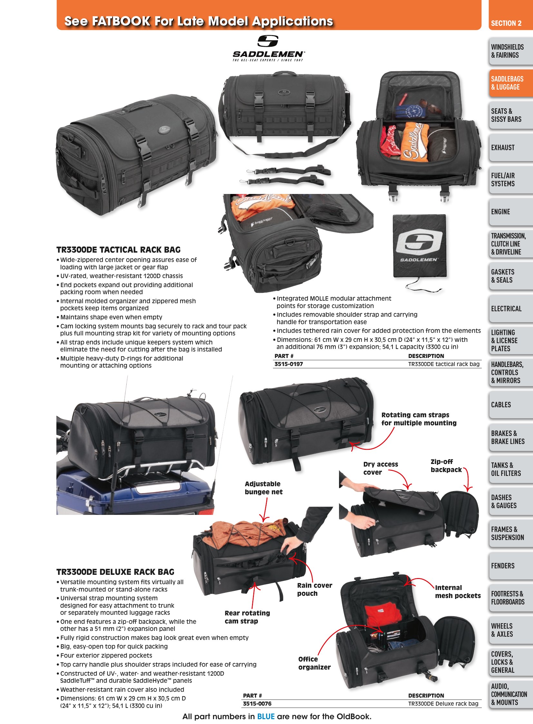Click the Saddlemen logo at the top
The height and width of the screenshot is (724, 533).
point(268,48)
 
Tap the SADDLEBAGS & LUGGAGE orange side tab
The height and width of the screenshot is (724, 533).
point(511,83)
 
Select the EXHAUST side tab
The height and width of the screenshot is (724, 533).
point(511,148)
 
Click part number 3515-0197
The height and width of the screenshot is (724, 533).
point(288,364)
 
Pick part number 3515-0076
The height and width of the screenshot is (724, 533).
point(257,703)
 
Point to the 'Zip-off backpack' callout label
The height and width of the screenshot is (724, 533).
point(446,466)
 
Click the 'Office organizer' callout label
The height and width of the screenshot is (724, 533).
point(314,663)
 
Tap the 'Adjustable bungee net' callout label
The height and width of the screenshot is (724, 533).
point(264,488)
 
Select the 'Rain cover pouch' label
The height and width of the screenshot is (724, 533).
point(315,589)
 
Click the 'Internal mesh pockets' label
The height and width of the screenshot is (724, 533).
point(458,591)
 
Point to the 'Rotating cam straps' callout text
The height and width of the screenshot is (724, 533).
point(415,415)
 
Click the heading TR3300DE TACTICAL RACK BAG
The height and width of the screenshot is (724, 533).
point(118,250)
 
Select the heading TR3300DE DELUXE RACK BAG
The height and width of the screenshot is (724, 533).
point(115,572)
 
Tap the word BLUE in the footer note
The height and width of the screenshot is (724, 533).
point(266,717)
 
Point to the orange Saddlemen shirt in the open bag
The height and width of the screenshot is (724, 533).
point(414,141)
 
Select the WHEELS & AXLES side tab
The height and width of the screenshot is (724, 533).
point(511,630)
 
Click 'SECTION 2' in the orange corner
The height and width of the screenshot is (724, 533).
point(506,23)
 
